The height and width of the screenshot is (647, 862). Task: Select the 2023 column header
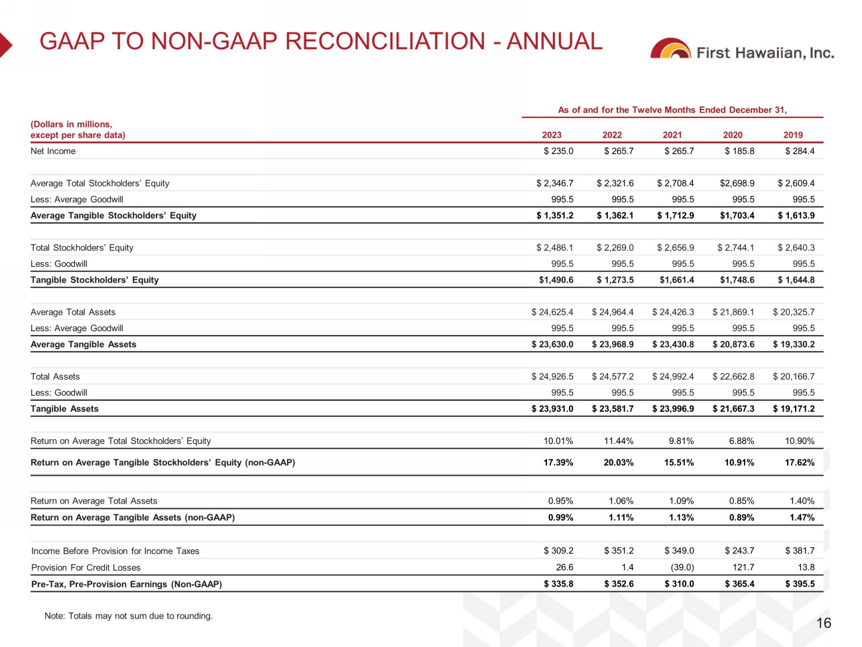(x=552, y=135)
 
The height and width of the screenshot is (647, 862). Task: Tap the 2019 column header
(x=793, y=135)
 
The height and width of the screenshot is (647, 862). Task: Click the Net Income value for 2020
(x=739, y=151)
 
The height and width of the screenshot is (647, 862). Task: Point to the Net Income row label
(x=53, y=151)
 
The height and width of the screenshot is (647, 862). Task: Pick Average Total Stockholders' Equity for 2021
(x=676, y=183)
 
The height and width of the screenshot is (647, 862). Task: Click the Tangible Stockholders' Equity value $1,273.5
(x=615, y=280)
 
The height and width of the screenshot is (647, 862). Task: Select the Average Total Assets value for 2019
(x=794, y=312)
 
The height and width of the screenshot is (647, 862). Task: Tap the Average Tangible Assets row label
(x=84, y=344)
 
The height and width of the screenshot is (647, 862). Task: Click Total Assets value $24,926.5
(x=552, y=376)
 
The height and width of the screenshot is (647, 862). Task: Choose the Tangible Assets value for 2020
(x=733, y=409)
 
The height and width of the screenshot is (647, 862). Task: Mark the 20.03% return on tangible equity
(x=618, y=463)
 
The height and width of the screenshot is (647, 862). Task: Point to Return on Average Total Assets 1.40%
(x=802, y=501)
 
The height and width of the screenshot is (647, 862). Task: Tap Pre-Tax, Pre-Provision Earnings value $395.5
(x=800, y=584)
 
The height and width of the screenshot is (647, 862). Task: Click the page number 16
(x=824, y=623)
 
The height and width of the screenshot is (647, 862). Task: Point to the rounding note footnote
(x=129, y=616)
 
